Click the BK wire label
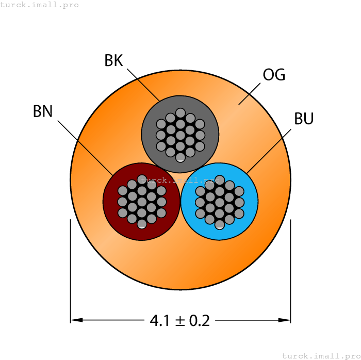point(113,61)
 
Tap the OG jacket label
point(274,75)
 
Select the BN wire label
point(43,111)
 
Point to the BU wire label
point(304,119)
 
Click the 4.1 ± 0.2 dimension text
point(180,321)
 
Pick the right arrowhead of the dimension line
point(285,320)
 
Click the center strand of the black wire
point(180,134)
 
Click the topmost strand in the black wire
point(180,112)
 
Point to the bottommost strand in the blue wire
point(219,224)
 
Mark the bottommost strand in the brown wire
point(142,223)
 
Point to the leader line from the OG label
point(249,94)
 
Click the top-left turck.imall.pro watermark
point(40,5)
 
